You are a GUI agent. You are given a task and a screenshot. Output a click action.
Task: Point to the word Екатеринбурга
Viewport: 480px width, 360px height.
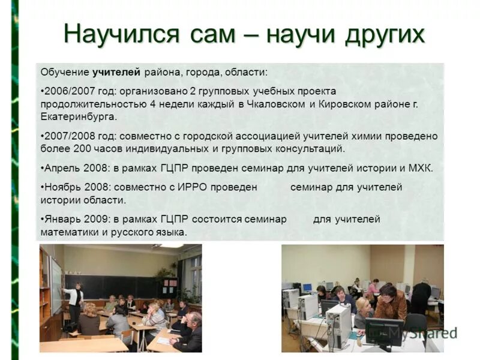pos(79,116)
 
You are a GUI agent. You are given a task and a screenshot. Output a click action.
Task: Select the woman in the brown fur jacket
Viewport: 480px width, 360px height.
pos(391,303)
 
